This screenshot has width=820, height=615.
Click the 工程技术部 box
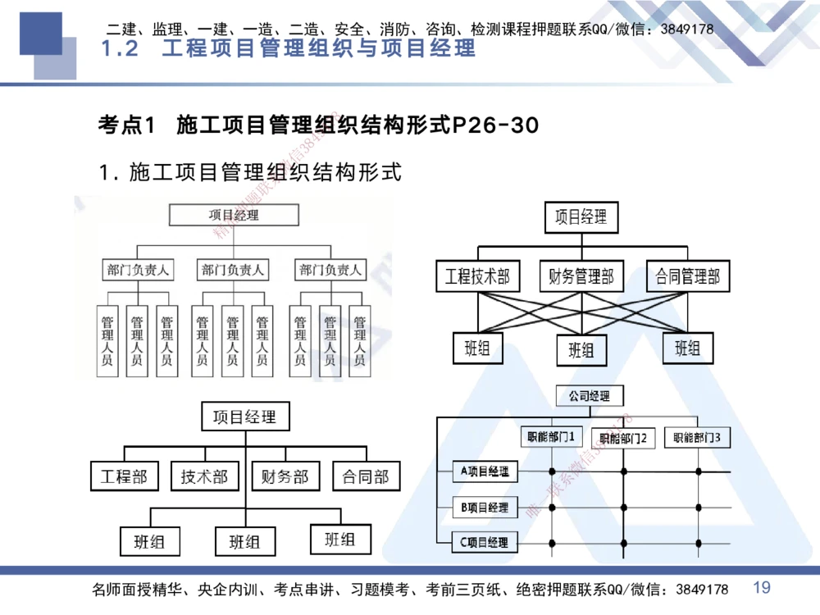click(x=477, y=276)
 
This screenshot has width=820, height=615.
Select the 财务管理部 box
click(x=581, y=276)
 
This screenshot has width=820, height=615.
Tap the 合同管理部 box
click(x=687, y=276)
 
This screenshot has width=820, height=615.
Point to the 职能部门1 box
click(x=551, y=437)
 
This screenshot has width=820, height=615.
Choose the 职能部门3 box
click(x=697, y=438)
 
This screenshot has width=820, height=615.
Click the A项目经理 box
click(x=485, y=471)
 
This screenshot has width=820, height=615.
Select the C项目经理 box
click(x=485, y=542)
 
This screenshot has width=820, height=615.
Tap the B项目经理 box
click(x=485, y=508)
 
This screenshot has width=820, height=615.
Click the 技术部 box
click(x=204, y=476)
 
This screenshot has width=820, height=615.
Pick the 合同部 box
click(x=366, y=476)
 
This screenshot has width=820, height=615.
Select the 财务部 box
click(x=285, y=476)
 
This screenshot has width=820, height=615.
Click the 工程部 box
click(x=124, y=476)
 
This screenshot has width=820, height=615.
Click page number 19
click(x=762, y=587)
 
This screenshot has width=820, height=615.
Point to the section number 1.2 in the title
click(x=121, y=48)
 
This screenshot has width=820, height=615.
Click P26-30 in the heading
click(x=495, y=125)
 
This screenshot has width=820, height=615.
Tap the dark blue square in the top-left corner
click(x=41, y=33)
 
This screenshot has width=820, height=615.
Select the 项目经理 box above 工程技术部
click(x=581, y=217)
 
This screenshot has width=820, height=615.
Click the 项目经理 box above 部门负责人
click(x=234, y=215)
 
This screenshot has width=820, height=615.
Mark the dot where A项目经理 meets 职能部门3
click(x=699, y=471)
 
